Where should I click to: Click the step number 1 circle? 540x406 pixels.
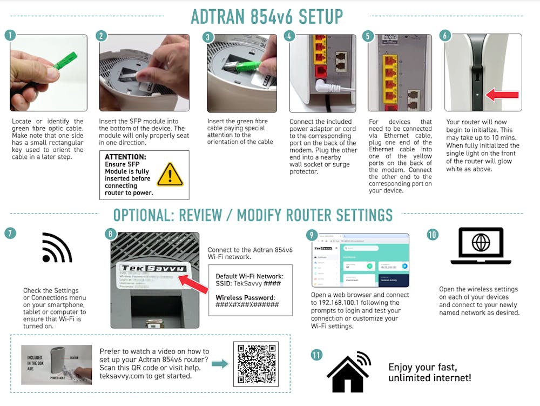[10, 36]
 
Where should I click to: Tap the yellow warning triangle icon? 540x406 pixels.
[170, 175]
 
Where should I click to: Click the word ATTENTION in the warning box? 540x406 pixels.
[125, 157]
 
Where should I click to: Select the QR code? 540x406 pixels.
[255, 364]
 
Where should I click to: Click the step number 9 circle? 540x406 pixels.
[312, 235]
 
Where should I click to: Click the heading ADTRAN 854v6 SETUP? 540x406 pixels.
[267, 16]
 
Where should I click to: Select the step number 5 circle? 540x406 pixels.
[368, 36]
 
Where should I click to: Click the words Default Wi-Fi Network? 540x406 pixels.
[249, 276]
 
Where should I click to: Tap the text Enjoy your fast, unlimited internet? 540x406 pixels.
[429, 372]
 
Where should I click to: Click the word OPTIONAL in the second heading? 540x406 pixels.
[143, 215]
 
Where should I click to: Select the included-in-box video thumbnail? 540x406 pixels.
[56, 364]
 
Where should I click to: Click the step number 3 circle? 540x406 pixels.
[208, 37]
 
